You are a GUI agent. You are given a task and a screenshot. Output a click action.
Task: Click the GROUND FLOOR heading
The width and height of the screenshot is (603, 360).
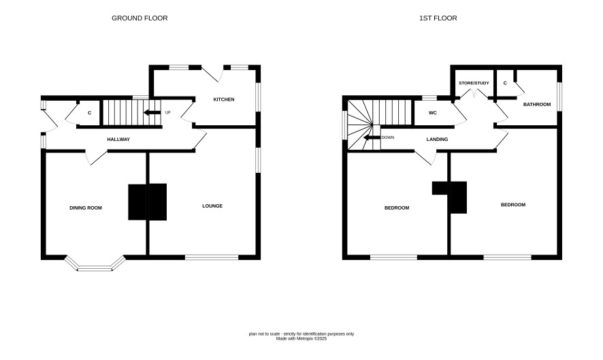point(140,18)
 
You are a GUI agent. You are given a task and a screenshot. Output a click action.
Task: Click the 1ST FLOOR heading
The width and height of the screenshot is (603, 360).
point(438,18)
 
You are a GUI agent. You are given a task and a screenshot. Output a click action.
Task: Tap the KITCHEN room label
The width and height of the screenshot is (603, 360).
point(224,99)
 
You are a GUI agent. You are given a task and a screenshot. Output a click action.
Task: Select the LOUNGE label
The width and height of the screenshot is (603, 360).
point(212,206)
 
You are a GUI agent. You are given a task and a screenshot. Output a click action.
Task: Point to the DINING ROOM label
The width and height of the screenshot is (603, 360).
point(86,208)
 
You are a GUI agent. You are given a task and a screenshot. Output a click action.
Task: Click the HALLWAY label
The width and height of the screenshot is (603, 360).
point(118,140)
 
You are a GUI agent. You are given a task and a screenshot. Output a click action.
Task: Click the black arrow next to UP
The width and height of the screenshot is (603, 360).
point(152,113)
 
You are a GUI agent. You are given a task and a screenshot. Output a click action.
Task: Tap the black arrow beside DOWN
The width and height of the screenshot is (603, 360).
point(372,137)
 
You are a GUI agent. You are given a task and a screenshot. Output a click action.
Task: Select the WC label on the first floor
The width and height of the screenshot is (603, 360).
point(433,113)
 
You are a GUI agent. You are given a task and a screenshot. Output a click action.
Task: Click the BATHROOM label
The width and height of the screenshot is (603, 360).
point(537,105)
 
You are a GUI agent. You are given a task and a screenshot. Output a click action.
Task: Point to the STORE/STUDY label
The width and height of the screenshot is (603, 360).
point(474,83)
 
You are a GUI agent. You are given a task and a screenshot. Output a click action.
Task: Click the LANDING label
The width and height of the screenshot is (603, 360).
point(437,140)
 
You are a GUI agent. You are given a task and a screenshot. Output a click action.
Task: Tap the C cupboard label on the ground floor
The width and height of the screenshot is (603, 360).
point(90,113)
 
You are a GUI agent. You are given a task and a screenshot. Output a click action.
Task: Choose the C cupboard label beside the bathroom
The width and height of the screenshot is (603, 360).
point(505,83)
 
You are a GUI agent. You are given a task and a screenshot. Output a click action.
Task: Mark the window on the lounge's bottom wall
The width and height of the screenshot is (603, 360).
point(212,257)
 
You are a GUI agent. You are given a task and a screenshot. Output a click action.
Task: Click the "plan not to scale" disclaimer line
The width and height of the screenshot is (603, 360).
point(301,334)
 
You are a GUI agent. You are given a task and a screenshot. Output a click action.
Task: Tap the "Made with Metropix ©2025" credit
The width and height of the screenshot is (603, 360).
point(301,339)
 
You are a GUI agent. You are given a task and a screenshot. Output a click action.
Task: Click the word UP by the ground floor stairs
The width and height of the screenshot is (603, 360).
point(167,113)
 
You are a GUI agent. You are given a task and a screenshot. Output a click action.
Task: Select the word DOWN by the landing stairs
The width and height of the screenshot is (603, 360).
point(388,137)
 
